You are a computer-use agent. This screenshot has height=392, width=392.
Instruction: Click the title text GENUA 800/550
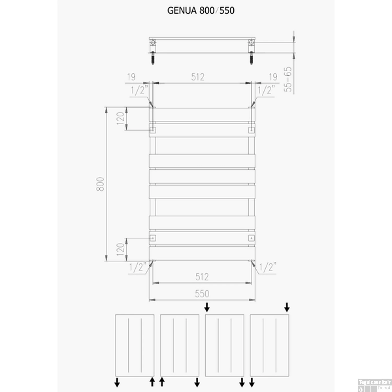click(201, 11)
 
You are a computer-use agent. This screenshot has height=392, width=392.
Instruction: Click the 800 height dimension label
click(100, 184)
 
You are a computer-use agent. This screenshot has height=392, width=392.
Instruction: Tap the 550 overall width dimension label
click(202, 294)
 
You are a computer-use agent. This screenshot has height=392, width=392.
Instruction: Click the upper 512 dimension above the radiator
click(198, 77)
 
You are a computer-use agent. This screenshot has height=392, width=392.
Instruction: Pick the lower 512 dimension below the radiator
click(202, 277)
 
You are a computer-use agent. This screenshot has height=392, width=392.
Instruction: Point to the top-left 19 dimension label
click(131, 77)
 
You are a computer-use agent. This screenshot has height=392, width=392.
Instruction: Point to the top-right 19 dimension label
click(273, 77)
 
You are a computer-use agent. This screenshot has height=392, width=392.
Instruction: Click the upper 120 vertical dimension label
click(120, 118)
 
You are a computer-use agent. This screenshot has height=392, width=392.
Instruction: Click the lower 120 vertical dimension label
click(120, 249)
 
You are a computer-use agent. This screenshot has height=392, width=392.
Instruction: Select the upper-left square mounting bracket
click(153, 130)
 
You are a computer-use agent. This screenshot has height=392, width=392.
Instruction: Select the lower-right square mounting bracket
click(251, 238)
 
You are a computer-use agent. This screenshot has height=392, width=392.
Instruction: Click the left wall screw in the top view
click(153, 58)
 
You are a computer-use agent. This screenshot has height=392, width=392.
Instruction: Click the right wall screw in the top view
click(251, 58)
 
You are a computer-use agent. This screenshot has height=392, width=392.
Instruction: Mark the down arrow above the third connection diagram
click(207, 307)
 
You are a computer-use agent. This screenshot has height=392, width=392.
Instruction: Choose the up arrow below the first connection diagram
click(152, 382)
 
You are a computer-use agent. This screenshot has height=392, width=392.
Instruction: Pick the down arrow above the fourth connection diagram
click(287, 307)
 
